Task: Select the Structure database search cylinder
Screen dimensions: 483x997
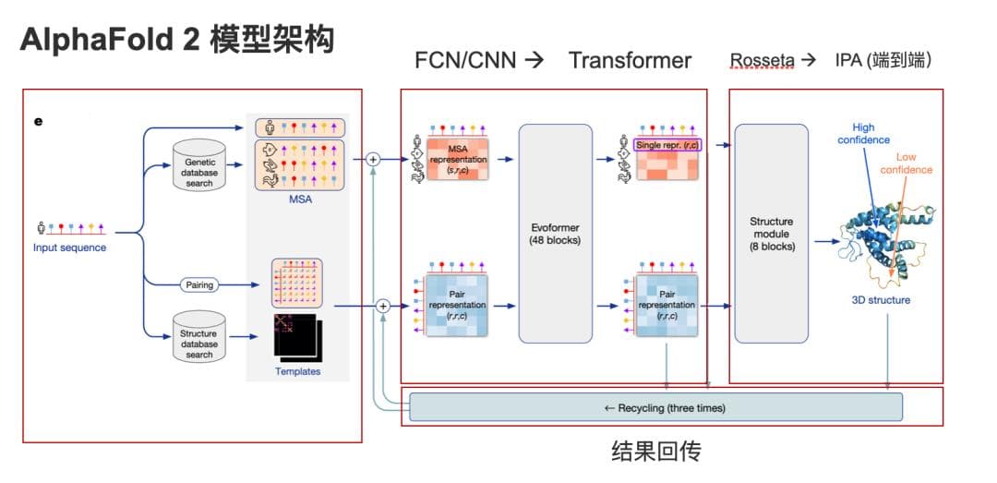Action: pos(198,337)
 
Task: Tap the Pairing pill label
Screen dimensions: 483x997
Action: pos(199,285)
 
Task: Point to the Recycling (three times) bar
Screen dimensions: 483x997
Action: pos(655,407)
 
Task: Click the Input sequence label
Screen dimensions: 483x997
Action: pos(69,248)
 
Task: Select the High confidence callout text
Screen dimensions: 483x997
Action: pos(864,134)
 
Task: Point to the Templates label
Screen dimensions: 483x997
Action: pos(297,371)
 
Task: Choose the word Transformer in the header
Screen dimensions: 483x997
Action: pos(630,61)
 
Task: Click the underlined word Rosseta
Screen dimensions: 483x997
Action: pos(762,61)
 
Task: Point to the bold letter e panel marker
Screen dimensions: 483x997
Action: pos(39,119)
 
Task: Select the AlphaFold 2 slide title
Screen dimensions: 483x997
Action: pos(175,42)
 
